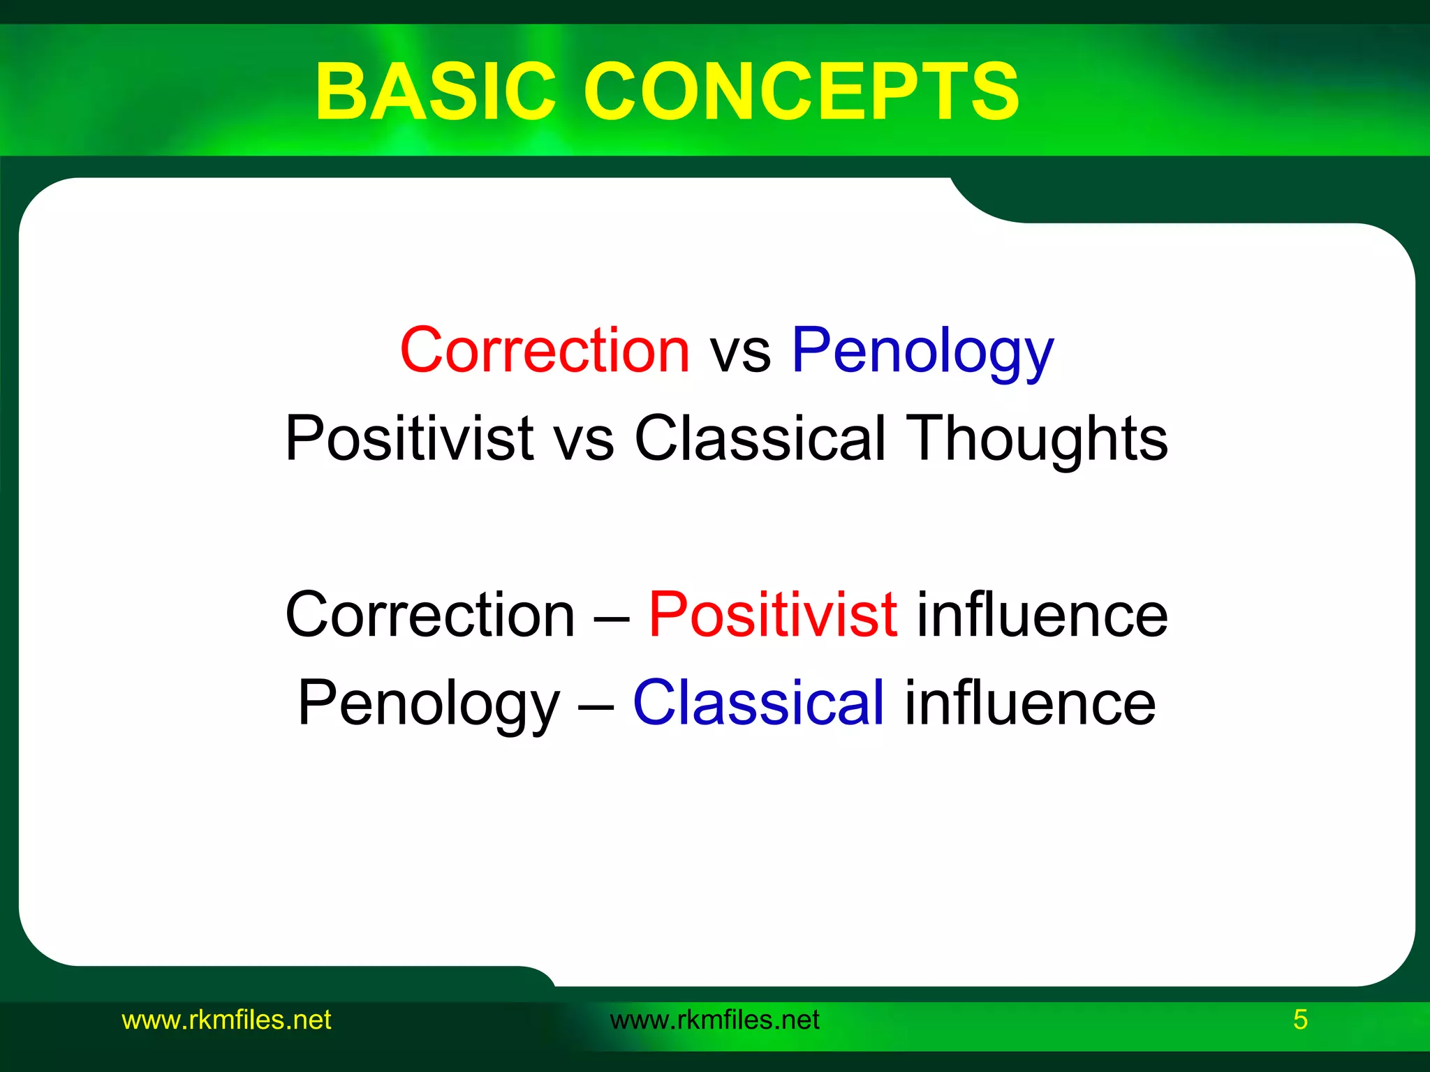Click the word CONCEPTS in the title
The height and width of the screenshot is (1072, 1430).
coord(801,91)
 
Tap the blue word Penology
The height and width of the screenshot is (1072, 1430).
coord(922,351)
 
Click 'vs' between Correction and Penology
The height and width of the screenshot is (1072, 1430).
coord(740,351)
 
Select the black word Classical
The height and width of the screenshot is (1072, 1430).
coord(760,438)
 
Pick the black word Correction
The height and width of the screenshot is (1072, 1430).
coord(430,615)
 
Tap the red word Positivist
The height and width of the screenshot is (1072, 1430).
coord(773,615)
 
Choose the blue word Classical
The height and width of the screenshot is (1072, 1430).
coord(759,702)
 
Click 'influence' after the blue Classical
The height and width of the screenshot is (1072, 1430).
coord(1030,703)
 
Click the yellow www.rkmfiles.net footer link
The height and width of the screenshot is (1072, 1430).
coord(226,1020)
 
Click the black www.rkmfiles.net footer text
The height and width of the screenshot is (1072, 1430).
coord(714,1020)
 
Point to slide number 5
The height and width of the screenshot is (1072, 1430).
coord(1300,1020)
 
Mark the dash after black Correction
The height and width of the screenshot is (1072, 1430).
coord(612,616)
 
